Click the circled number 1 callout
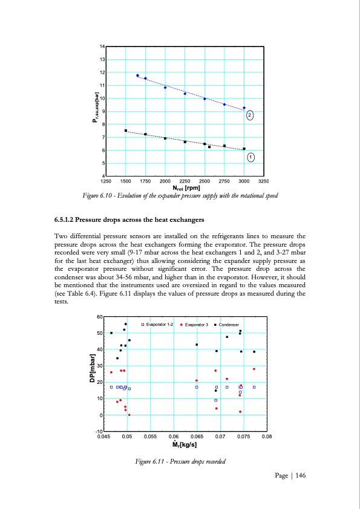point(250,157)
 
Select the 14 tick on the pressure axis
point(102,47)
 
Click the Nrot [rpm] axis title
point(185,187)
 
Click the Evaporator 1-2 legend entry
point(157,325)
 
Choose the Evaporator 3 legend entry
point(194,325)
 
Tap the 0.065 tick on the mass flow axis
point(197,436)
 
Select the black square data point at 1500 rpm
point(126,131)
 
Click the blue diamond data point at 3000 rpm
point(244,108)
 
